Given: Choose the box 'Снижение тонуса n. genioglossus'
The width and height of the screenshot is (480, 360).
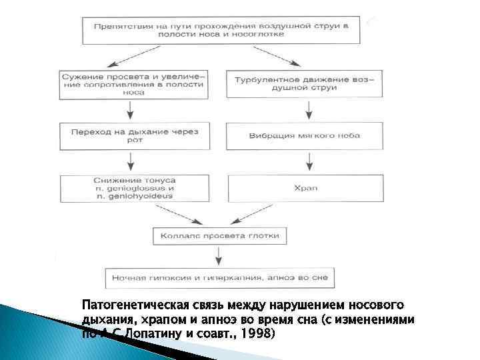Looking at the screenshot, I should (133, 189).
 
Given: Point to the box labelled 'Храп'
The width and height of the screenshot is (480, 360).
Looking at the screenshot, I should (305, 189).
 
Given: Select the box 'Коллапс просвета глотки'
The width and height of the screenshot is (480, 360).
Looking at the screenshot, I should (221, 235).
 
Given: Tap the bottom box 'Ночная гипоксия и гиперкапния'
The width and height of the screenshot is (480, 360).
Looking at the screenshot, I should (221, 277).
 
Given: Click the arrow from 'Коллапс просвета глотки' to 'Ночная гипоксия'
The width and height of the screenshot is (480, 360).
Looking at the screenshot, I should (219, 257).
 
